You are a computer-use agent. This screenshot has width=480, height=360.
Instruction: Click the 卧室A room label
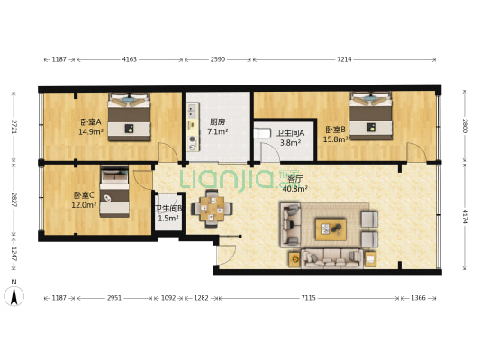pyautogui.click(x=90, y=127)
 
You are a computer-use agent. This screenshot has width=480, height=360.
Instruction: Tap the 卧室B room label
pyautogui.click(x=336, y=133)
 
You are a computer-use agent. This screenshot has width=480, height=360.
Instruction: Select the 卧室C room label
pyautogui.click(x=84, y=200)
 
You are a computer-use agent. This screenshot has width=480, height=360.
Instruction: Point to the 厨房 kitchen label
pyautogui.click(x=217, y=127)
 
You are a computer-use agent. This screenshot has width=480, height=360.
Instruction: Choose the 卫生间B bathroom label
pyautogui.click(x=168, y=213)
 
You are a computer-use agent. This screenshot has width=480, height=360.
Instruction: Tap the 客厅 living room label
pyautogui.click(x=294, y=184)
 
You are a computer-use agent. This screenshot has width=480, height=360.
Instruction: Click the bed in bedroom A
pyautogui.click(x=132, y=115)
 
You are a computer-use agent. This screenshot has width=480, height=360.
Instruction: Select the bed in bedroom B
pyautogui.click(x=371, y=114)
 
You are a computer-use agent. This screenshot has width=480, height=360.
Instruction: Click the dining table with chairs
pyautogui.click(x=213, y=208)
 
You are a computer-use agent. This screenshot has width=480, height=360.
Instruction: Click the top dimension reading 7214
pyautogui.click(x=344, y=59)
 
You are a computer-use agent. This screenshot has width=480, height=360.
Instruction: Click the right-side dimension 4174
pyautogui.click(x=466, y=217)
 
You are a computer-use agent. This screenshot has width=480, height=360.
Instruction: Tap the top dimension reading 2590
pyautogui.click(x=217, y=59)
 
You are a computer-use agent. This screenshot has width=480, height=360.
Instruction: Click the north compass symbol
pyautogui.click(x=13, y=294)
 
